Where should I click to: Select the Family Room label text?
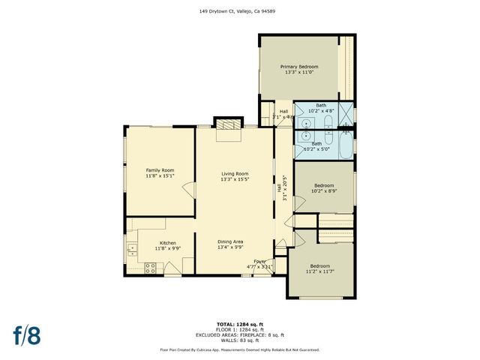pos(160,170)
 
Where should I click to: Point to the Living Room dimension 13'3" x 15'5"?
pos(234,180)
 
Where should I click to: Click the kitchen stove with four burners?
pos(149,267)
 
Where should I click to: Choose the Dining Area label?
pos(230,241)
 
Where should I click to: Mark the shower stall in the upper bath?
pos(344,117)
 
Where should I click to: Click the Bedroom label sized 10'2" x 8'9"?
pos(323,185)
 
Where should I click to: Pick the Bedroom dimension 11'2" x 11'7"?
pos(319,272)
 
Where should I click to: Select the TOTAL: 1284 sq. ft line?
pos(240,324)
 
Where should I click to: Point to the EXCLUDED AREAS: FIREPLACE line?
pos(240,334)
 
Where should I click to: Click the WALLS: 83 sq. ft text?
pos(240,340)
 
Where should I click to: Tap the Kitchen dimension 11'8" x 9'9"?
pos(167,248)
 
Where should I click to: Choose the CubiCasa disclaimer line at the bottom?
pos(240,349)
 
